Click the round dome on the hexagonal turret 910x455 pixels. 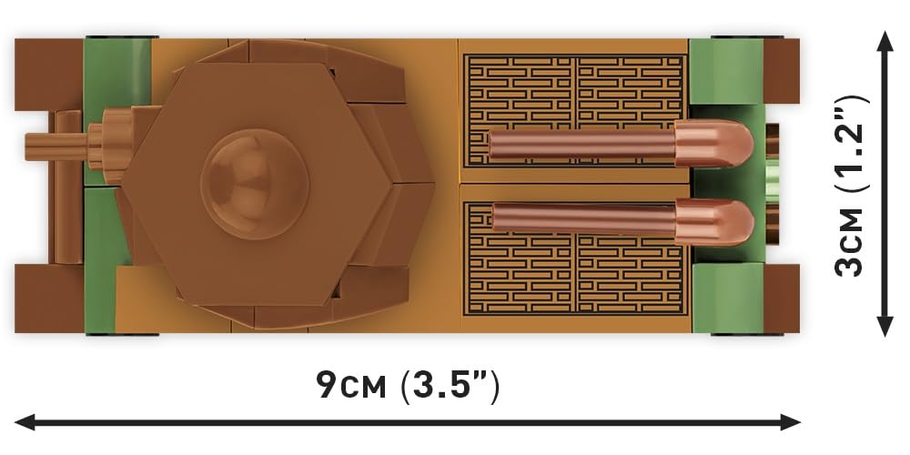[255, 184]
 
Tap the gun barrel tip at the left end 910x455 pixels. [27, 147]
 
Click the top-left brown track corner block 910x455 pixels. [49, 75]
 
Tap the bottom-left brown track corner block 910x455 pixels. [49, 298]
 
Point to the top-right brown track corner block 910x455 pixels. [782, 71]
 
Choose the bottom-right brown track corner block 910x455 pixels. [782, 298]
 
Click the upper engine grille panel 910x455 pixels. [576, 110]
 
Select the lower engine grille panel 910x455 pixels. [576, 258]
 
